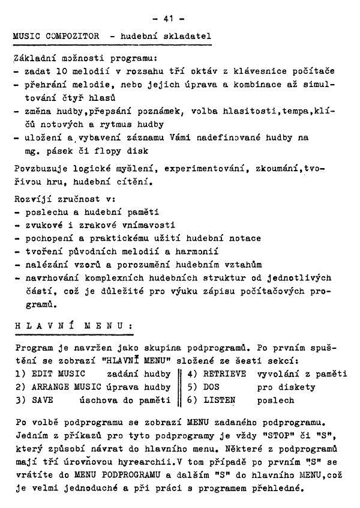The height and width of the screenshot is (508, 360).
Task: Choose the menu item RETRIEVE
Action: pyautogui.click(x=224, y=373)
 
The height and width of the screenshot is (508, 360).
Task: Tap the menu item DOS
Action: pyautogui.click(x=212, y=387)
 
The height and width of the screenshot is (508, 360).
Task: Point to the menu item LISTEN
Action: pyautogui.click(x=219, y=400)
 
